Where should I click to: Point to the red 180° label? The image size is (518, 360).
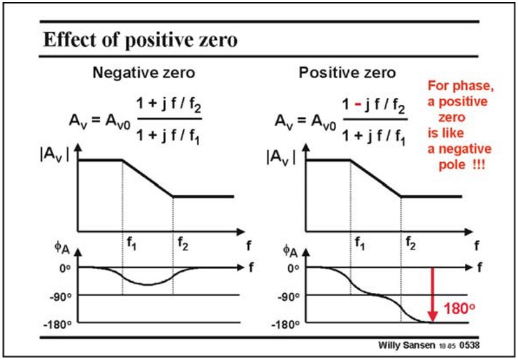(459, 309)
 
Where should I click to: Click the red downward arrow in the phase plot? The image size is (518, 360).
(433, 294)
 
